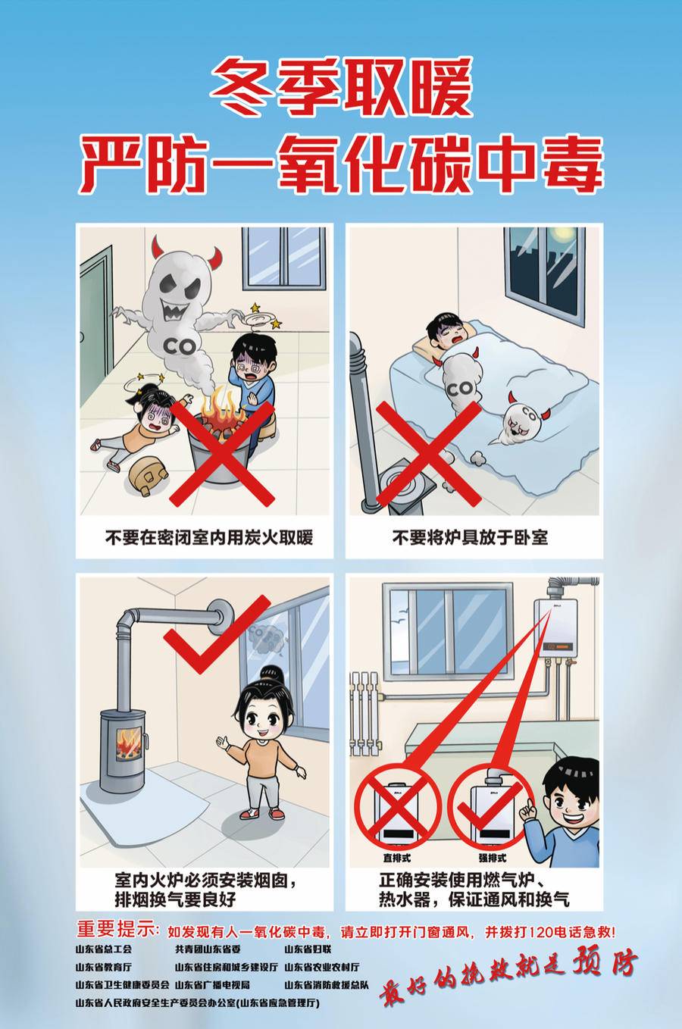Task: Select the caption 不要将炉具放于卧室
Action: click(x=470, y=538)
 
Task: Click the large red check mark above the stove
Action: click(x=216, y=632)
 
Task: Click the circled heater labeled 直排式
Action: click(x=398, y=808)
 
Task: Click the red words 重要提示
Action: click(x=117, y=929)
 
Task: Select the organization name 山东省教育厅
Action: click(x=103, y=967)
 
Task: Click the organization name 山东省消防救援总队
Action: click(x=327, y=985)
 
